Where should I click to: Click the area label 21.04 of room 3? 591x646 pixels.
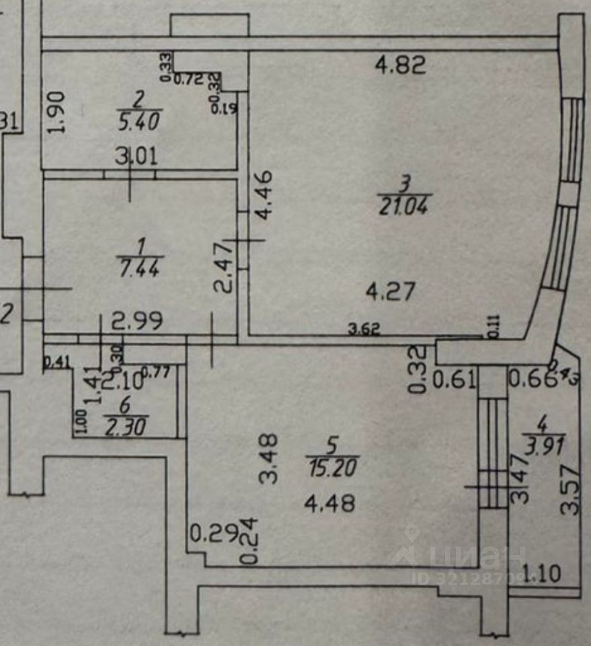tap(405, 204)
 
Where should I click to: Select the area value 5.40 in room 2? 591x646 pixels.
tap(139, 122)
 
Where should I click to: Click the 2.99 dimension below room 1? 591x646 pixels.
tap(137, 322)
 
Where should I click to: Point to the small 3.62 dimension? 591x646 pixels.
tap(364, 330)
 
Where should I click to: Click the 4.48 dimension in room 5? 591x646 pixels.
tap(329, 503)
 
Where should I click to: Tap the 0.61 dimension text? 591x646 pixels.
tap(455, 380)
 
